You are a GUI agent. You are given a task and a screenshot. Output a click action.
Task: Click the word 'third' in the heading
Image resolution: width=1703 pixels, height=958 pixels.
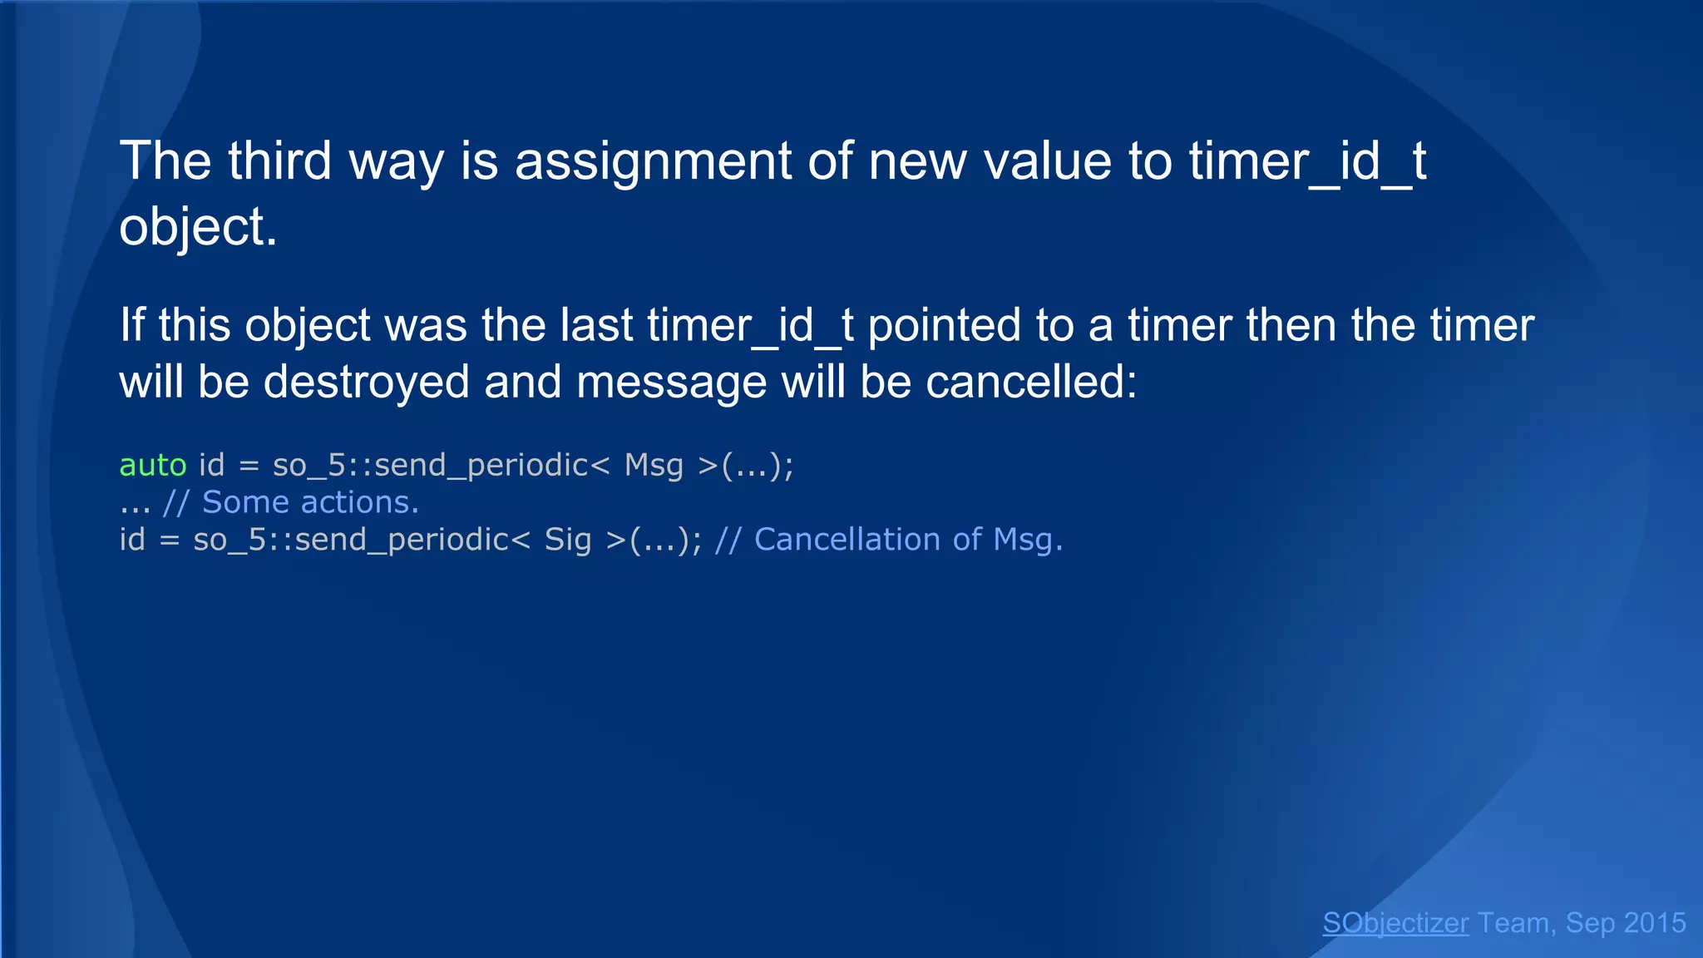tap(279, 160)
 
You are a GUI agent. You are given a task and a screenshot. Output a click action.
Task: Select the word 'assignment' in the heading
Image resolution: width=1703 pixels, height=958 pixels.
tap(653, 160)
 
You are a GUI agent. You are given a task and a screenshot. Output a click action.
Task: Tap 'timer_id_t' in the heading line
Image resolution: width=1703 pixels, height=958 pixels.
tap(1307, 160)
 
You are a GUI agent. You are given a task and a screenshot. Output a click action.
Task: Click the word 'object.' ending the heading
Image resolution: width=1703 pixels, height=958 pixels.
tap(198, 227)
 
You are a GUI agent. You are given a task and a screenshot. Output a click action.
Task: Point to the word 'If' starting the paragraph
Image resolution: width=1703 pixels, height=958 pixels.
tap(132, 324)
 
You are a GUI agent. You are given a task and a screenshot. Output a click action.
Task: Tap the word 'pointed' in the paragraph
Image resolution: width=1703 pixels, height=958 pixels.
tap(944, 324)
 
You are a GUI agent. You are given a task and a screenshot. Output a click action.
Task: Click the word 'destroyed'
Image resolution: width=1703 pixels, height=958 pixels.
tap(366, 382)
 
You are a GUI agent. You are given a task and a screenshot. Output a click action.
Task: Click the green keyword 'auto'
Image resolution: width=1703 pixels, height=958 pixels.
tap(153, 465)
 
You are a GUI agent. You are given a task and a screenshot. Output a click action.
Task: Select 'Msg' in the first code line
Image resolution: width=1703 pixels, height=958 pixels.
tap(654, 465)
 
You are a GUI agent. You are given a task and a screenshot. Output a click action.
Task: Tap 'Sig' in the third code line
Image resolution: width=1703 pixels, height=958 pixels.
tap(568, 540)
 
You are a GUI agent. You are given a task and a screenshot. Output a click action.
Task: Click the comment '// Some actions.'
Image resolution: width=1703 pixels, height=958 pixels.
tap(291, 502)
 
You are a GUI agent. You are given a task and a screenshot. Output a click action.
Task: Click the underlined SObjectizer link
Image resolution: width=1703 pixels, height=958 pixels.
tap(1395, 923)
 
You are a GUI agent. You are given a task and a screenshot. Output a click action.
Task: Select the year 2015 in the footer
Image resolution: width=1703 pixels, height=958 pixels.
tap(1654, 923)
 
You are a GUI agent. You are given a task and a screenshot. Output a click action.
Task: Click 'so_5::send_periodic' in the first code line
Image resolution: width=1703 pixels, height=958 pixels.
tap(431, 465)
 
